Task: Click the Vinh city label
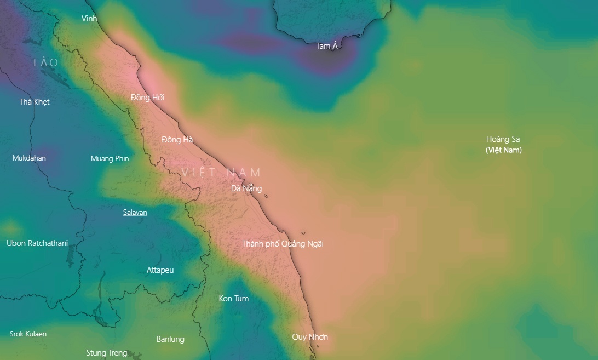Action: pyautogui.click(x=89, y=19)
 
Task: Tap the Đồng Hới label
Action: pyautogui.click(x=147, y=98)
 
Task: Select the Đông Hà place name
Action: pyautogui.click(x=177, y=140)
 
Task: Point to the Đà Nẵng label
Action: pyautogui.click(x=246, y=188)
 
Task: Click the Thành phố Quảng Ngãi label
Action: pyautogui.click(x=283, y=244)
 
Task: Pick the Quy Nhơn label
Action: pyautogui.click(x=310, y=337)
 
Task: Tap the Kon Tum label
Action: pyautogui.click(x=234, y=299)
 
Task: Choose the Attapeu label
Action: pyautogui.click(x=160, y=270)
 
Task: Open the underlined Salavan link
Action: pyautogui.click(x=135, y=212)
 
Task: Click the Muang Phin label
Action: pyautogui.click(x=110, y=159)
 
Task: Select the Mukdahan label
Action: pyautogui.click(x=29, y=158)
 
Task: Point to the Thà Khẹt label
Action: pyautogui.click(x=34, y=102)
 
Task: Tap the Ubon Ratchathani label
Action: pyautogui.click(x=37, y=243)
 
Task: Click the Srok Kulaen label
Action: pyautogui.click(x=28, y=334)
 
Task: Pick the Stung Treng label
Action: pyautogui.click(x=107, y=353)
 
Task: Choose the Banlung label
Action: pyautogui.click(x=170, y=339)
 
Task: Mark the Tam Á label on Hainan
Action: pyautogui.click(x=327, y=46)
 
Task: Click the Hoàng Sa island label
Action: pyautogui.click(x=503, y=139)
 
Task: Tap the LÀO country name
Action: pyautogui.click(x=46, y=63)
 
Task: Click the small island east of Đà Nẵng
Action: pyautogui.click(x=266, y=196)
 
